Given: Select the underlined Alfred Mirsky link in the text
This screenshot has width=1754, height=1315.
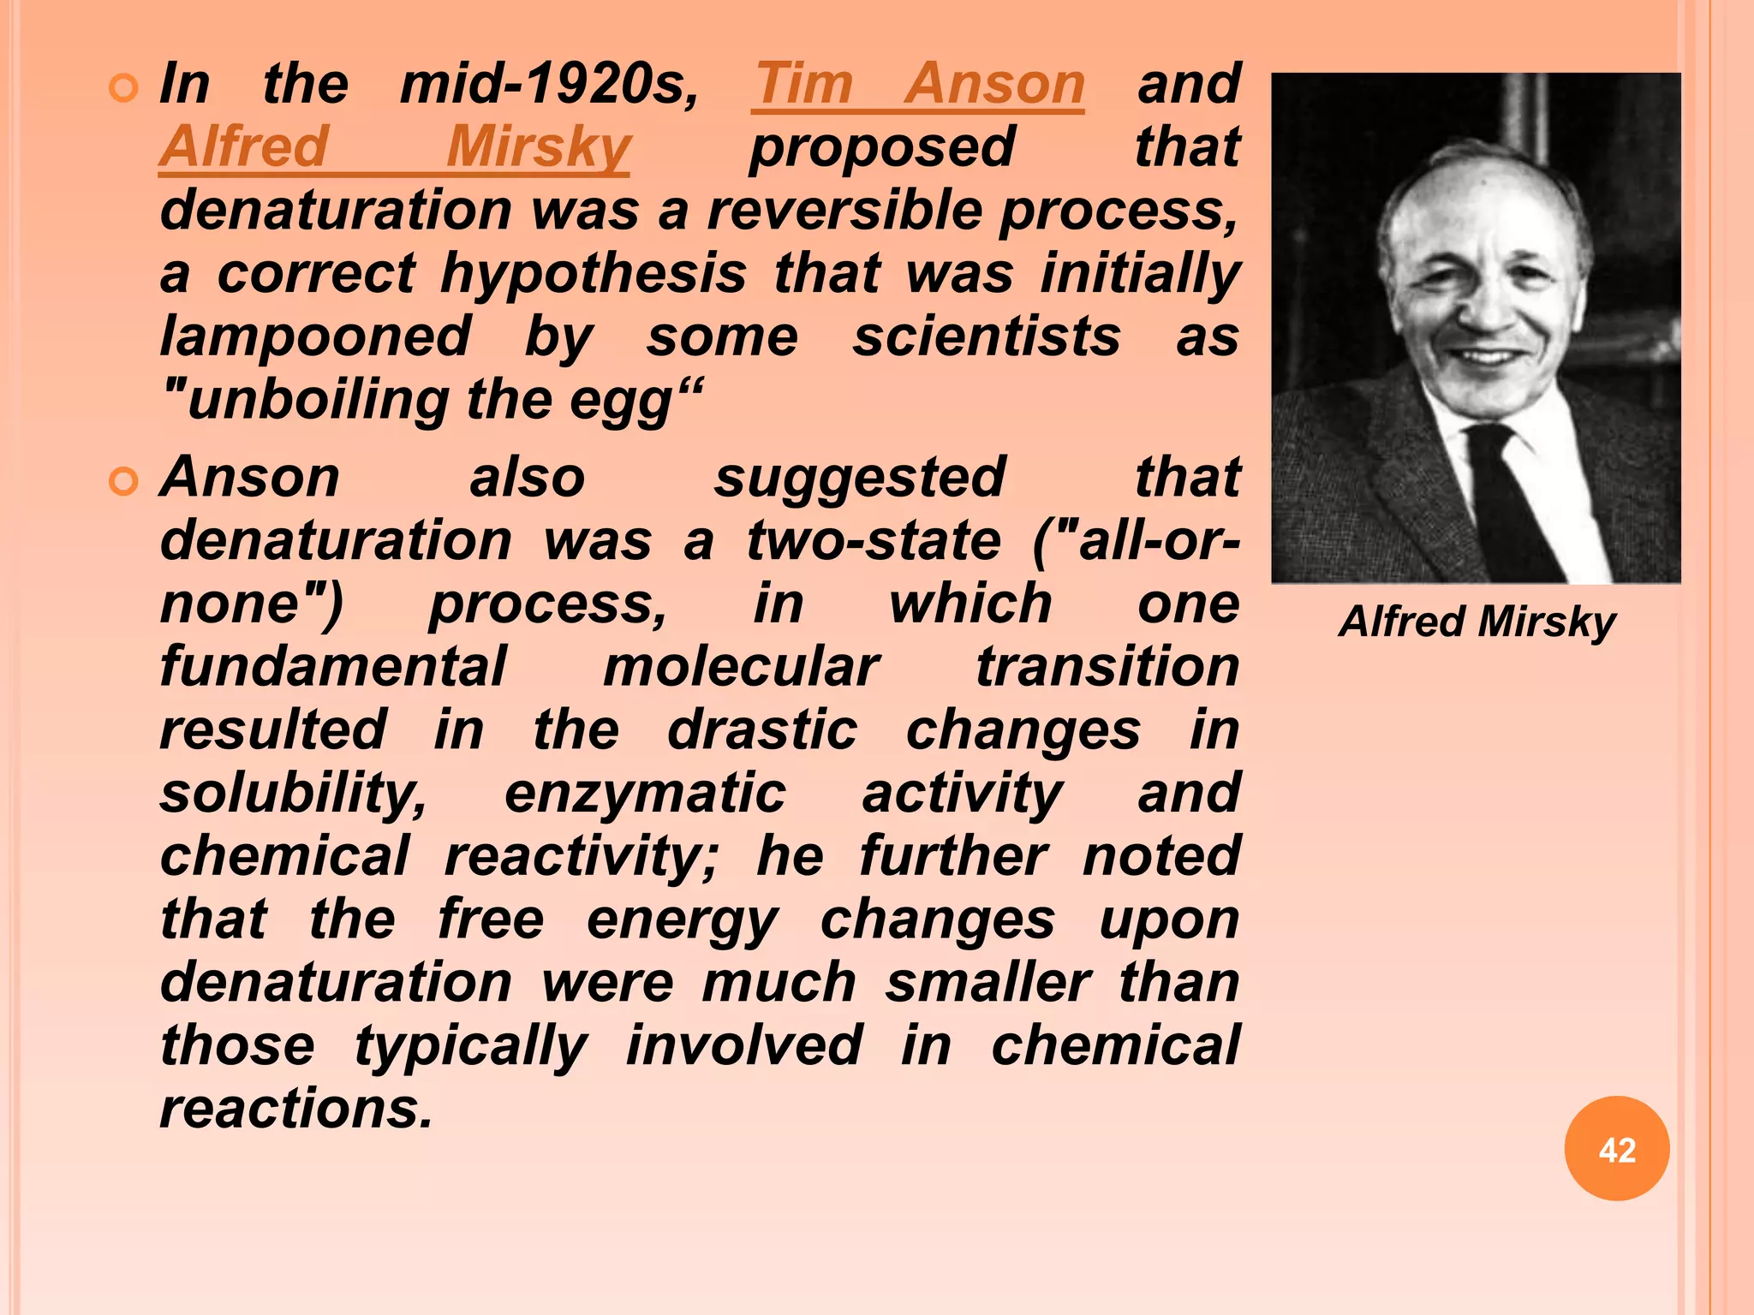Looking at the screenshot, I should (394, 147).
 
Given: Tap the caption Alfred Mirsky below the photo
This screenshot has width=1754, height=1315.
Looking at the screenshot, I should (1477, 622).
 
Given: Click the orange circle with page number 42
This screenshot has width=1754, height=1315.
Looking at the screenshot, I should (1616, 1149).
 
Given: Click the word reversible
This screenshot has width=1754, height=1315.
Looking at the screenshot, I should (844, 210).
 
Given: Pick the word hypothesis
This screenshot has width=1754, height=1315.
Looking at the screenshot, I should (593, 274).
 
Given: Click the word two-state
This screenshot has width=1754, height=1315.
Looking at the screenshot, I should (874, 540).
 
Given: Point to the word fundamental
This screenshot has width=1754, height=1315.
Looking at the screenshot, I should (333, 666).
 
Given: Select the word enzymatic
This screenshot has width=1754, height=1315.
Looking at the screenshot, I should (645, 794).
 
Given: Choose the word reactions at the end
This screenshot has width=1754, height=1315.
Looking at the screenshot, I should (296, 1109).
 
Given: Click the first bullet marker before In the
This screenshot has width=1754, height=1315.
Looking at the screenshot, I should (124, 87).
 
